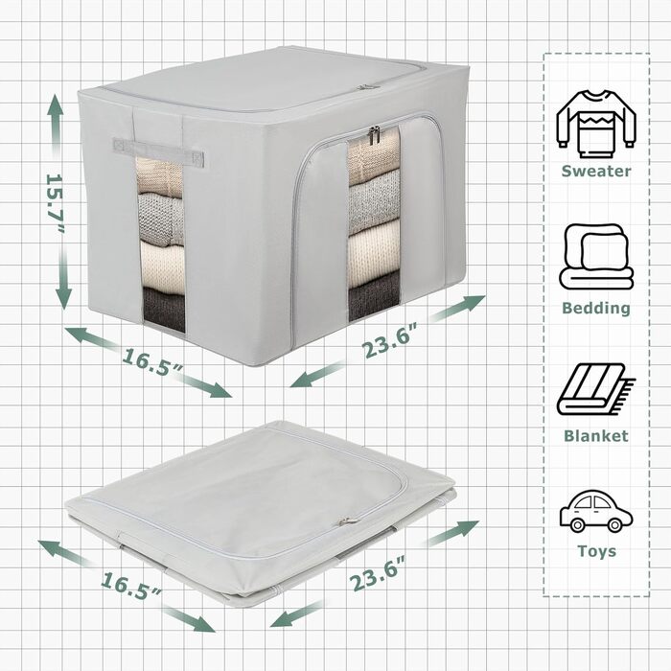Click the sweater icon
coord(596,124)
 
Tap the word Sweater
coord(596,172)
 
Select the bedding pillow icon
coord(596,256)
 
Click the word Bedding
coord(596,308)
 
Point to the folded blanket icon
coord(595,389)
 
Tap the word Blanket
coord(596,436)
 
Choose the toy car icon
coord(596,511)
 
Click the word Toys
coord(597,551)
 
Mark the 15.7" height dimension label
coord(56,203)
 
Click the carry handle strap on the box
coord(158,151)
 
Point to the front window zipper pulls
coord(374,136)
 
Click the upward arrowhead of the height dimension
coord(55,105)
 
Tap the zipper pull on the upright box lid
coord(364,87)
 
